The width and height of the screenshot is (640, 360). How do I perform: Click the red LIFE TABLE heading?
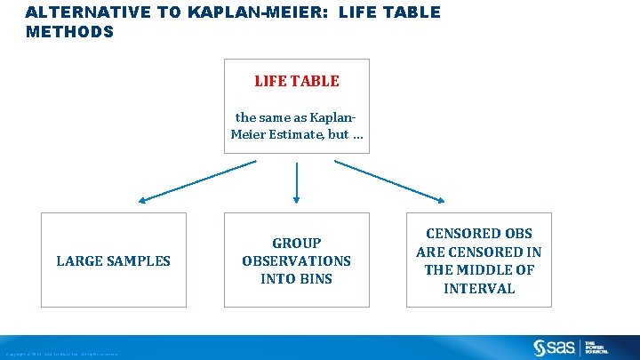click(x=296, y=81)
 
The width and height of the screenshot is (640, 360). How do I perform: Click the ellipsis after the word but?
click(x=356, y=135)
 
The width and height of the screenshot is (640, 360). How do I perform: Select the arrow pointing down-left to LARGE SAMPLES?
click(x=195, y=180)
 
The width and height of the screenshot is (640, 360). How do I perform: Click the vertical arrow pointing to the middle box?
click(x=296, y=182)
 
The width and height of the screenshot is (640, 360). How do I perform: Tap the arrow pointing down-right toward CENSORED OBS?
click(x=391, y=180)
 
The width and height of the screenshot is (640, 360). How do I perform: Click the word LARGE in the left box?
click(x=78, y=260)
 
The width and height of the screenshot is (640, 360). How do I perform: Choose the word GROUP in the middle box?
click(x=296, y=243)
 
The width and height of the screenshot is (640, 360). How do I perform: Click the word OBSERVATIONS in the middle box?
click(x=296, y=260)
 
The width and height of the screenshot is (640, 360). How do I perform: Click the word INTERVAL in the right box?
click(x=479, y=288)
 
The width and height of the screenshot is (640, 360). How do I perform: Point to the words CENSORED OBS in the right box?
click(x=479, y=234)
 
